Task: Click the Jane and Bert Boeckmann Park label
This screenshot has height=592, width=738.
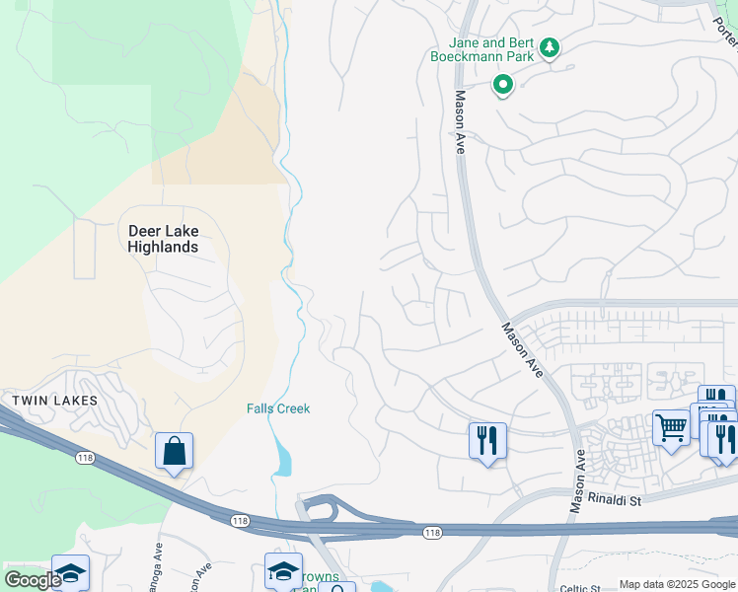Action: (490, 49)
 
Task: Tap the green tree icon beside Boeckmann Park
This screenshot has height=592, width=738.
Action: (551, 47)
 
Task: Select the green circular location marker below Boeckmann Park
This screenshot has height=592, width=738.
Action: (503, 86)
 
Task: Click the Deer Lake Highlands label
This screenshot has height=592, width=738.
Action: (163, 239)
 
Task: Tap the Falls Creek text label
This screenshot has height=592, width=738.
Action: (278, 408)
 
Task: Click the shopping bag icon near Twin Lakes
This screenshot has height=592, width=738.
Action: (174, 452)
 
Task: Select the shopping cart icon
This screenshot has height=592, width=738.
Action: (672, 428)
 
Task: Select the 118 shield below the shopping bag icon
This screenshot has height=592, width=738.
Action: (240, 520)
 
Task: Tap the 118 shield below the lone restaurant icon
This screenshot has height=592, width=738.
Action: (432, 533)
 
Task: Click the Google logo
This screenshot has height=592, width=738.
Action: (32, 580)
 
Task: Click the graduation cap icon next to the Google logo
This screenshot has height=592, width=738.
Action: (71, 573)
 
